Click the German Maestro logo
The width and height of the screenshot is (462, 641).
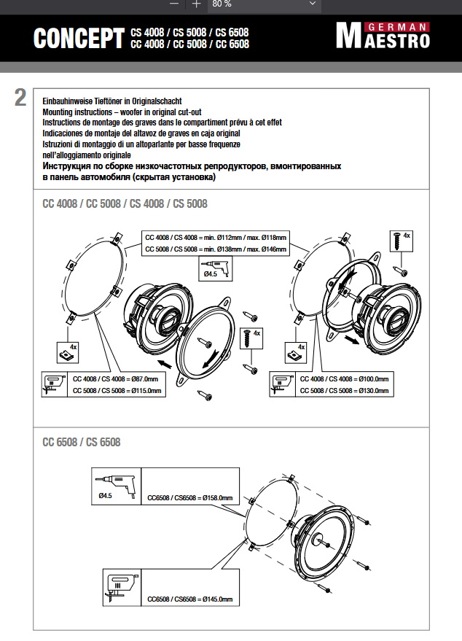(383, 36)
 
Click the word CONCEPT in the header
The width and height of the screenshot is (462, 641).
(79, 39)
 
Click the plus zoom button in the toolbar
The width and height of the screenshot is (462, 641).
(196, 4)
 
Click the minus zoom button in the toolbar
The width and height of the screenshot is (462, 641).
(173, 4)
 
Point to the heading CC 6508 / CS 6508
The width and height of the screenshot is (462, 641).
(82, 442)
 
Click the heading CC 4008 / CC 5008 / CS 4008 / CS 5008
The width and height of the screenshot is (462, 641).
(125, 203)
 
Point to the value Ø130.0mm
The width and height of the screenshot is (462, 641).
(372, 391)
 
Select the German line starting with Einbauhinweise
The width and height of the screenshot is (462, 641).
(111, 101)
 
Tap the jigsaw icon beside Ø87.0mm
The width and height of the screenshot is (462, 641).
(53, 384)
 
